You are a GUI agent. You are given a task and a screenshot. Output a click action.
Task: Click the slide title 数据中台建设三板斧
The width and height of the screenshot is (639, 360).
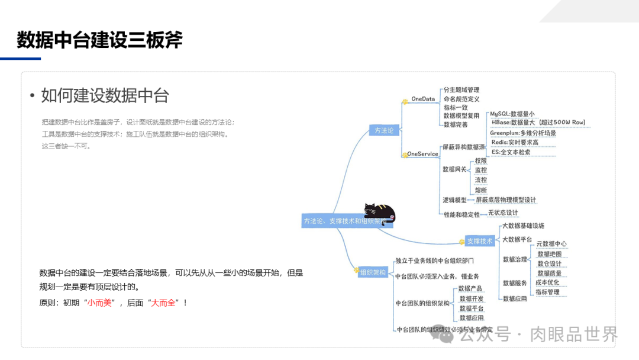99,40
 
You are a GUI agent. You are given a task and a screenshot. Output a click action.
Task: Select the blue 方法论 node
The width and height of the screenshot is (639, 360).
384,130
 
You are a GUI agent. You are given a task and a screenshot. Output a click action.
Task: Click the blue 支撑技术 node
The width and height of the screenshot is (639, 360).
479,241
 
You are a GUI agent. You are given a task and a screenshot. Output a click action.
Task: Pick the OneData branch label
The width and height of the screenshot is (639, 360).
423,99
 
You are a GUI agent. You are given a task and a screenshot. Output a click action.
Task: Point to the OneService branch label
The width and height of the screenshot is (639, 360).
422,154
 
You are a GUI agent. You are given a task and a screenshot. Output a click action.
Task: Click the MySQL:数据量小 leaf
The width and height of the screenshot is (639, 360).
512,114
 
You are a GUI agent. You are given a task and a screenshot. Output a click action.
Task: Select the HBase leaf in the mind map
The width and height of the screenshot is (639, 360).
538,123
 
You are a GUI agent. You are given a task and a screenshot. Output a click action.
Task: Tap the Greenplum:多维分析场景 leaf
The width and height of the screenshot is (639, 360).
523,133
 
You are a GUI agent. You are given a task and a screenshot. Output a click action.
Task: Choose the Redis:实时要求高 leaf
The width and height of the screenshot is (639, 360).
515,143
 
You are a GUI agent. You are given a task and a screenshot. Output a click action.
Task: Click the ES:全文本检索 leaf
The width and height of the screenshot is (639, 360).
511,152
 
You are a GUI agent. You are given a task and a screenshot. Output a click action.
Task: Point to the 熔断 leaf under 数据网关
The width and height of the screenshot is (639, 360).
481,190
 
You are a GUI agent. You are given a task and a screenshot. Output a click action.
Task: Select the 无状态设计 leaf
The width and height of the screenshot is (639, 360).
503,213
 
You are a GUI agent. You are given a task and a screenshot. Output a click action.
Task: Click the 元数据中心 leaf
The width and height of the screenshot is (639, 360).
551,244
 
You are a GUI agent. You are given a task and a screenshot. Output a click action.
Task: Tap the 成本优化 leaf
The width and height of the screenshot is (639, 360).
547,282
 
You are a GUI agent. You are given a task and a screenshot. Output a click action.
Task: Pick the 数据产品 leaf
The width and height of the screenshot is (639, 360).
471,289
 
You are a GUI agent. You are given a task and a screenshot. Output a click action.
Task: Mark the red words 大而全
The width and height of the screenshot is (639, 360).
163,303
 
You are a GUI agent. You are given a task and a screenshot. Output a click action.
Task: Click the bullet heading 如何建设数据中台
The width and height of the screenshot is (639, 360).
105,95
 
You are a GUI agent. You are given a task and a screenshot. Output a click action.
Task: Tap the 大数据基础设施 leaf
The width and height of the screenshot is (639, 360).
523,226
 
